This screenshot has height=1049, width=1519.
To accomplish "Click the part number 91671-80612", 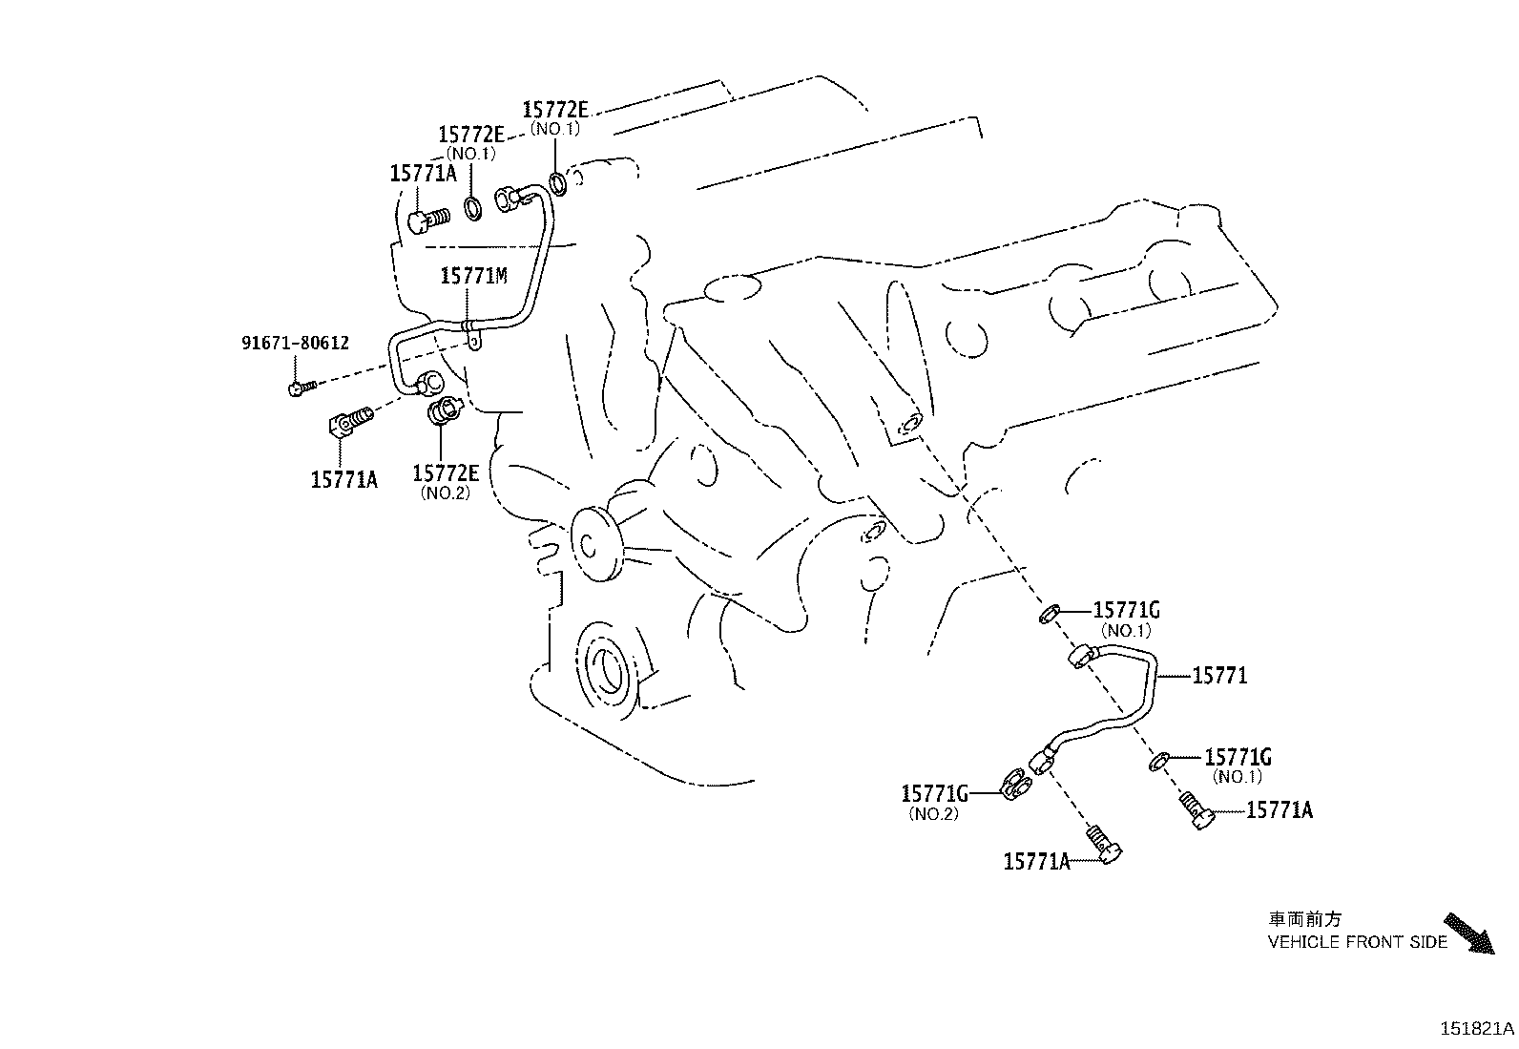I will pos(294,343).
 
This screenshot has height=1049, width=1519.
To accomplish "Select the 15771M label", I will pos(473,277).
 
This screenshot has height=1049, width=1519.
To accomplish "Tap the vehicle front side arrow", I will pos(1467,934).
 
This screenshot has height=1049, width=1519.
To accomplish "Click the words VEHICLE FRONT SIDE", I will pos(1357,943).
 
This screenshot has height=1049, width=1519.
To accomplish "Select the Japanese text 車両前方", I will pos(1304,920).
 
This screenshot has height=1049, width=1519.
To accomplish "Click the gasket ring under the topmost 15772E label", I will pos(560,181).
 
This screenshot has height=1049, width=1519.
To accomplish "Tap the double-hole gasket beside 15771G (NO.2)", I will pos(1017,786).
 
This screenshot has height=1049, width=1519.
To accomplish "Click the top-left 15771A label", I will pos(423,174).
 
